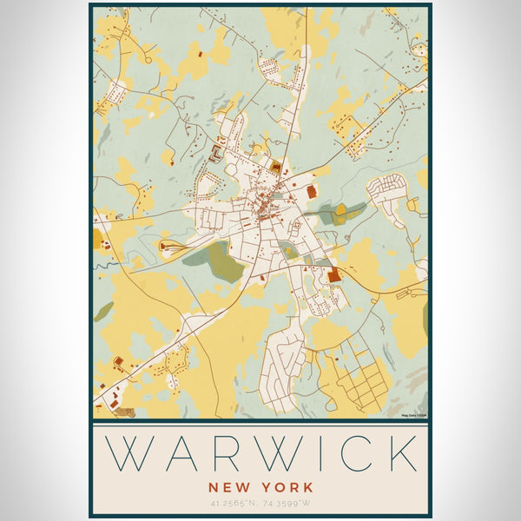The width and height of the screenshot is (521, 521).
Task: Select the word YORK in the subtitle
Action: click(287, 488)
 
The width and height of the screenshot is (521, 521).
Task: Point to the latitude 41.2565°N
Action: click(232, 503)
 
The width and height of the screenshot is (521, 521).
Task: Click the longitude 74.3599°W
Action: click(288, 503)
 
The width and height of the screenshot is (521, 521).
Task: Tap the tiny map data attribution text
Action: click(414, 415)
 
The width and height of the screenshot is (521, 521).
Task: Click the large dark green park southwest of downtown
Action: click(213, 262)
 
